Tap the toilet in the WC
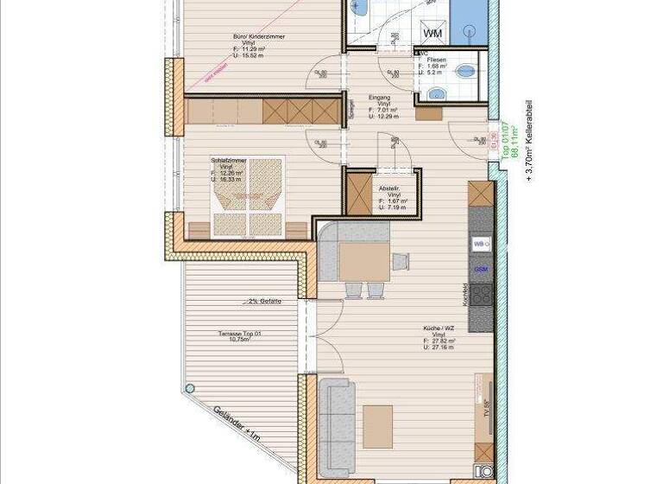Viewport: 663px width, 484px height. point(466,68)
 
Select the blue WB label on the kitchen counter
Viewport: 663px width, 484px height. point(480,245)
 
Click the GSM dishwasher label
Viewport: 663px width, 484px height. point(481,270)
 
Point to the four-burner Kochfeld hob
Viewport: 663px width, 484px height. point(481,296)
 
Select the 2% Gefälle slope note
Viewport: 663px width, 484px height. point(265,302)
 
